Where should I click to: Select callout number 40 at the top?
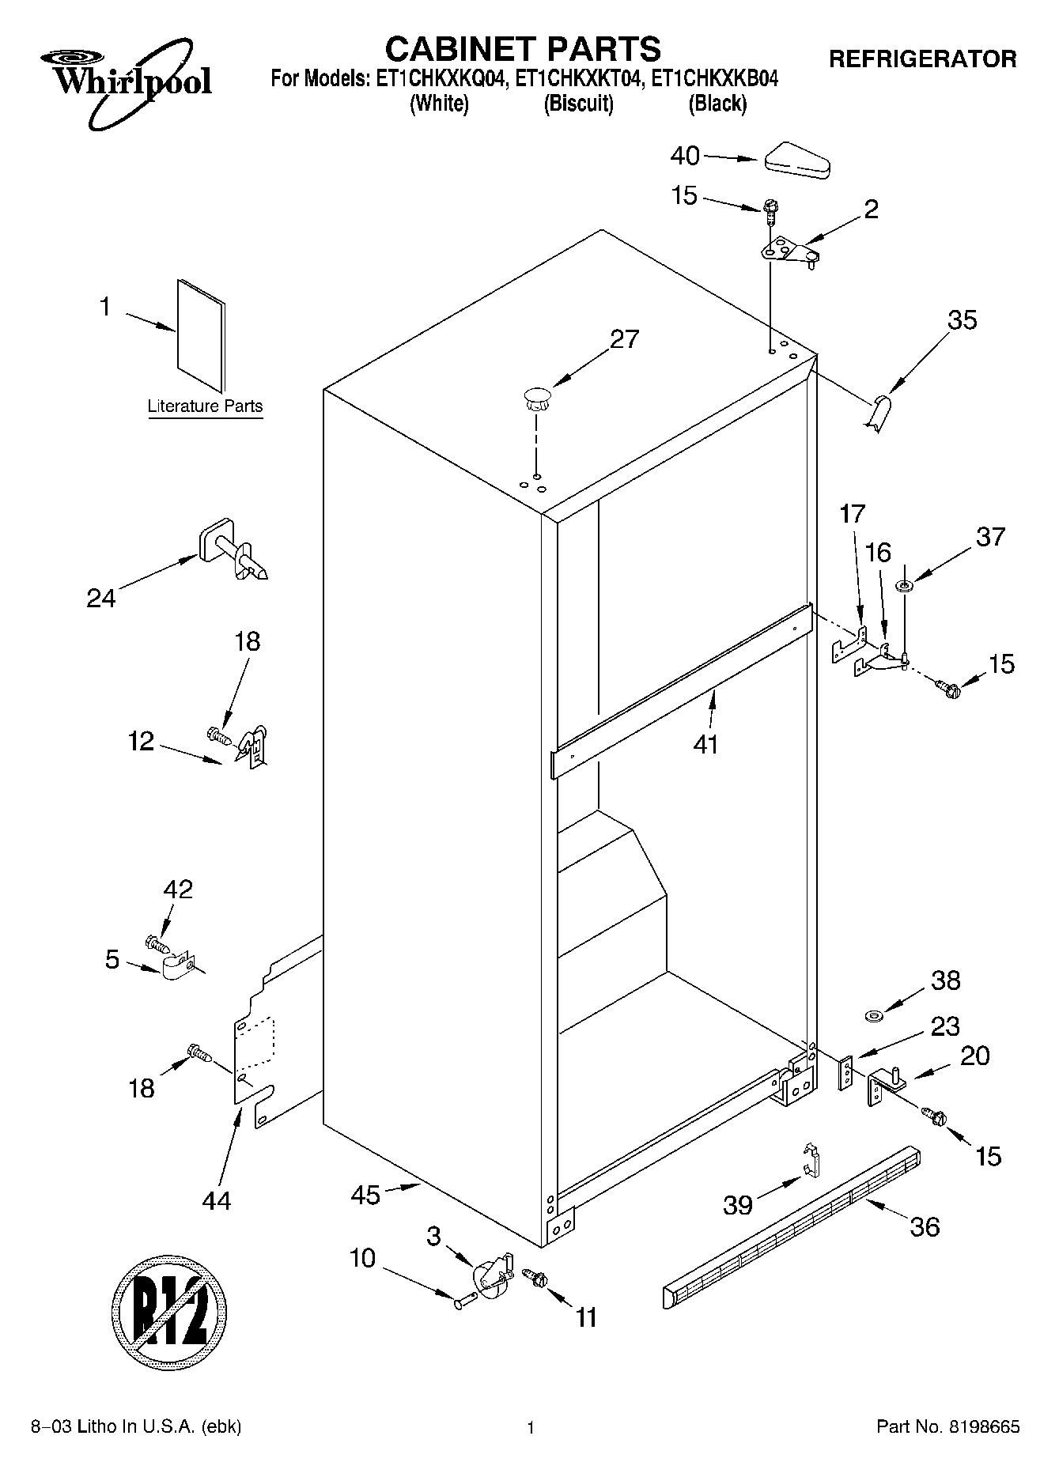coord(685,157)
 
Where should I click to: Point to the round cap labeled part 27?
coord(536,398)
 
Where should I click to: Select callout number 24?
coord(101,598)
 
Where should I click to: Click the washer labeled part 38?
coord(876,1014)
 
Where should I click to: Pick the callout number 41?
coord(705,743)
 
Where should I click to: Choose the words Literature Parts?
coord(205,406)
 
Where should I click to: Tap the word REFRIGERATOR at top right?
coord(922,59)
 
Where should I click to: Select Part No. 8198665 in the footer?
coord(947,1427)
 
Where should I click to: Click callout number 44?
coord(217,1200)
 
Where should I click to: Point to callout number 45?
coord(365,1194)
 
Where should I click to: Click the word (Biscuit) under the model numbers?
coord(578,104)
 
